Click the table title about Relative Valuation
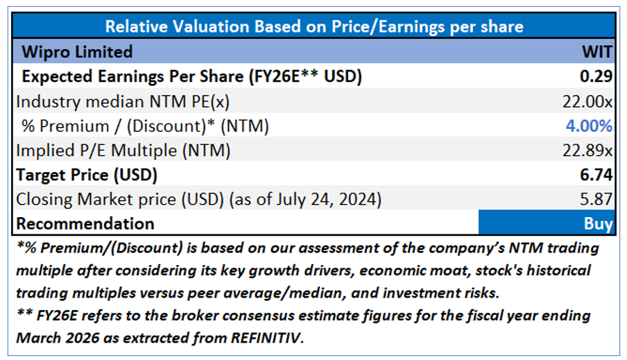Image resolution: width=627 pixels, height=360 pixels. point(313,26)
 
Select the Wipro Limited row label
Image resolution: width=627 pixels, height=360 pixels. point(77,52)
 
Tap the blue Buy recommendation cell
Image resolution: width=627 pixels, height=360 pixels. point(547,223)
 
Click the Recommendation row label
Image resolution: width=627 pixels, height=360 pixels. point(85,223)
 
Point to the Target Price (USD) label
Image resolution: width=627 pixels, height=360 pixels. point(87,174)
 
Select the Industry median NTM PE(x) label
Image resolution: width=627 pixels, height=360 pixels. point(123,101)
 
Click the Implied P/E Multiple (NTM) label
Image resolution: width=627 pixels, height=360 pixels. point(123,150)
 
